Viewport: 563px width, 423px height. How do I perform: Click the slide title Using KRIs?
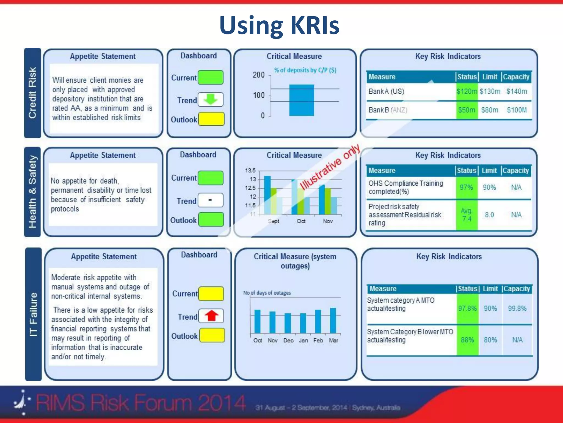click(279, 25)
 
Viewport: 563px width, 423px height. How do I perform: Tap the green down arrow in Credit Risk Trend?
click(211, 99)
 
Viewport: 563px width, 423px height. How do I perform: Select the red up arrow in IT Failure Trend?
click(211, 316)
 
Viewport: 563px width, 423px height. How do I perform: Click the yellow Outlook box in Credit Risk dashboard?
click(211, 119)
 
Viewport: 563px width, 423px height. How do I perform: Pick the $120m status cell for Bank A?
click(467, 91)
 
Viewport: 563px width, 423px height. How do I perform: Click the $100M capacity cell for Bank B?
click(517, 110)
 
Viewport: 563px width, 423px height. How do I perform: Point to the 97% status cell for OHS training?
click(467, 188)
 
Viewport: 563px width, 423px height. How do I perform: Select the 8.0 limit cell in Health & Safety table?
click(489, 215)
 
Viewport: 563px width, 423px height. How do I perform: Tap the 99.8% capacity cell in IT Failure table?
click(517, 308)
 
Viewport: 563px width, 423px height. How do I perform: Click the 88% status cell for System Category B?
click(467, 340)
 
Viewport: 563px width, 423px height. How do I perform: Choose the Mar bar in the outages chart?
click(333, 321)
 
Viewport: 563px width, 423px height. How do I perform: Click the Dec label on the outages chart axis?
click(288, 341)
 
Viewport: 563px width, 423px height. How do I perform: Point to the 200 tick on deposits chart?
click(259, 75)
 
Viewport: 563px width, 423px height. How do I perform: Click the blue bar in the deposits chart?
click(302, 100)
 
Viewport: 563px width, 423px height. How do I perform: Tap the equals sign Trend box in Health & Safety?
click(210, 200)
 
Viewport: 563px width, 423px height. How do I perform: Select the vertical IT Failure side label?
click(33, 314)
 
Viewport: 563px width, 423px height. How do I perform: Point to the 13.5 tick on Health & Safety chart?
click(250, 170)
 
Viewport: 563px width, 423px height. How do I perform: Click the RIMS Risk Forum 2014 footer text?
click(140, 403)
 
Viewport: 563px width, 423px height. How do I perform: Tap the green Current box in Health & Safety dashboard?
click(211, 178)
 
